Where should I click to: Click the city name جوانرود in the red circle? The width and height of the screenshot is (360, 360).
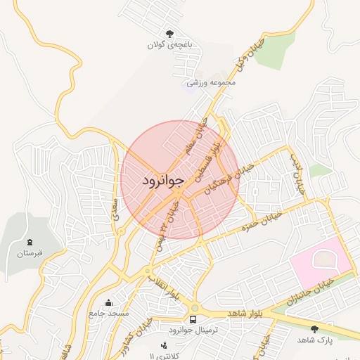point(162,181)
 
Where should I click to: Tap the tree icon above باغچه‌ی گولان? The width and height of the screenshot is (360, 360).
point(169,33)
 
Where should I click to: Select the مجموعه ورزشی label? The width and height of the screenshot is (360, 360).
point(210,82)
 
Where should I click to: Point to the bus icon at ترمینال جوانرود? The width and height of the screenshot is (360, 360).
point(194,319)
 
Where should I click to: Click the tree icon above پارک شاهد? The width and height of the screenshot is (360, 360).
point(314,328)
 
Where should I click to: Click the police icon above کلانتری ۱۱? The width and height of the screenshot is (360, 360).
point(165,345)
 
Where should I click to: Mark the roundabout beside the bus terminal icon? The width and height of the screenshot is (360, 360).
point(194,307)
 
